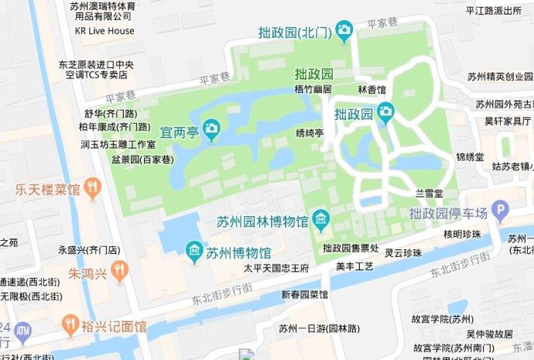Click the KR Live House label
[104, 31]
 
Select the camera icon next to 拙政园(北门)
[344, 32]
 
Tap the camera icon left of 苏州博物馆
[193, 252]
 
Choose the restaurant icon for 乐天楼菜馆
[93, 188]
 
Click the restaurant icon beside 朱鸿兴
[118, 273]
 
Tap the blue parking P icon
[501, 211]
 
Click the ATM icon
[22, 334]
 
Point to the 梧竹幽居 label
[313, 90]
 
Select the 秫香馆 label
[371, 90]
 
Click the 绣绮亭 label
[310, 133]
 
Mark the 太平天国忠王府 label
[276, 269]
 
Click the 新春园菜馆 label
[305, 295]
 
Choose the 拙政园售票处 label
[351, 248]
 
